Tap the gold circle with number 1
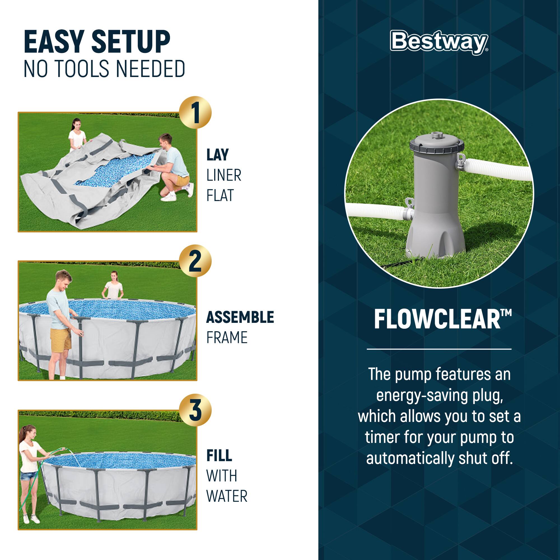195,113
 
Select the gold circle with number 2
195,261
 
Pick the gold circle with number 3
195,410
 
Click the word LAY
217,155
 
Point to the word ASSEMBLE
240,317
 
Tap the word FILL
219,456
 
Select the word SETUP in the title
130,42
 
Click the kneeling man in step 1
174,165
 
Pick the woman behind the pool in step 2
114,286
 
